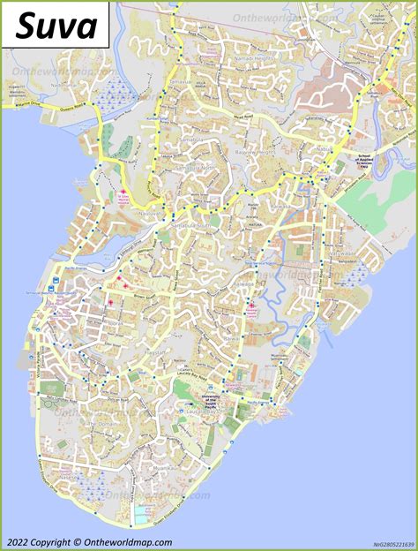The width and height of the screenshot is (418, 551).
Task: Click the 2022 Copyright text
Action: pyautogui.click(x=89, y=542)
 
